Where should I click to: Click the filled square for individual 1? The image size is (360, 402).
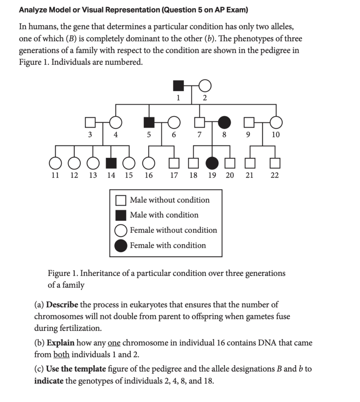pos(178,85)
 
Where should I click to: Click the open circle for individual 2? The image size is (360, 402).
pos(205,85)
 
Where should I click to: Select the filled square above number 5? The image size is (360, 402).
pos(149,122)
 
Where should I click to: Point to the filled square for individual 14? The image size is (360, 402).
pos(112,162)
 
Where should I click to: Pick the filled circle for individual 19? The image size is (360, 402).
pos(212,162)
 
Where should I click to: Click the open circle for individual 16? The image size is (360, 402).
pos(148,162)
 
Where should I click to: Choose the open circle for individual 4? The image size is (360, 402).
pos(115,122)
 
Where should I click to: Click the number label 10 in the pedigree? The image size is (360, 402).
pos(276,135)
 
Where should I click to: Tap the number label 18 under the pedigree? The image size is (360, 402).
pos(193,175)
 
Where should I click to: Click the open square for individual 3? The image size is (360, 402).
pos(90,122)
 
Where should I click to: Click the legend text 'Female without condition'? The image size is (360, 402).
pos(173,230)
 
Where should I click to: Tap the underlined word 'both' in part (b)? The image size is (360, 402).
pos(61,354)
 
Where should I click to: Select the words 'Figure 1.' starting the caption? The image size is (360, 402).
pos(62,273)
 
